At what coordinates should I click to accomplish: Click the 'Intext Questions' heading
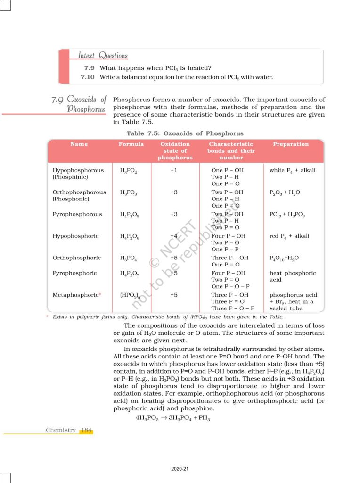[103, 56]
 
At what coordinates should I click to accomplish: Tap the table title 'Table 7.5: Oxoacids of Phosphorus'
[185, 133]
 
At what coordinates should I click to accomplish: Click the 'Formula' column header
[131, 144]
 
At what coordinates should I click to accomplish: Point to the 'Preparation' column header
[291, 144]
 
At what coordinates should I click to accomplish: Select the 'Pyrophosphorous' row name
[77, 214]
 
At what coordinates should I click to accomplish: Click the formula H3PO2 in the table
[129, 171]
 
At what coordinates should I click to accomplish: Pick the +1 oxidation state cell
[173, 170]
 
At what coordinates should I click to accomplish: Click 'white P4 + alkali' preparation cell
[292, 170]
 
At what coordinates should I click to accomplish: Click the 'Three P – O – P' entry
[233, 308]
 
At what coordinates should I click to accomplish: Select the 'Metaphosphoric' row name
[77, 295]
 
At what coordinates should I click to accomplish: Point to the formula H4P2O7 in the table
[129, 274]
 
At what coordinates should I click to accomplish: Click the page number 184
[86, 430]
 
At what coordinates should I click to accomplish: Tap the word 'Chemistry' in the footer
[61, 430]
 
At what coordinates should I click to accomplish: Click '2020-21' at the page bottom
[180, 469]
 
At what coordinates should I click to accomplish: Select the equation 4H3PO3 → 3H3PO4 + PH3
[172, 418]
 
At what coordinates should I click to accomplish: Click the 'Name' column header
[79, 144]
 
